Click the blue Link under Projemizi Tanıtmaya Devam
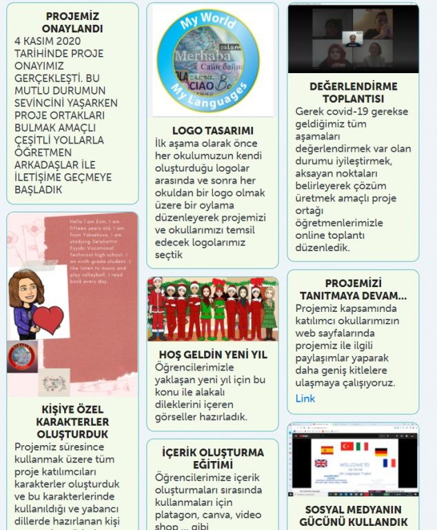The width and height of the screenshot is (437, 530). [305, 398]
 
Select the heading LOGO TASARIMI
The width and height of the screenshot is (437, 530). [212, 130]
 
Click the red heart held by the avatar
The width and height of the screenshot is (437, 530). [49, 320]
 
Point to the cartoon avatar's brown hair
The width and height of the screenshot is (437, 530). [25, 283]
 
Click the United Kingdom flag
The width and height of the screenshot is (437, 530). [321, 463]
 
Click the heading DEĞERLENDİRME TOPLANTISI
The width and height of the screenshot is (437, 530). [352, 92]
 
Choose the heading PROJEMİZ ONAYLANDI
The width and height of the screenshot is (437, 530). [72, 22]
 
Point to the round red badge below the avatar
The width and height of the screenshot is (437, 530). [22, 357]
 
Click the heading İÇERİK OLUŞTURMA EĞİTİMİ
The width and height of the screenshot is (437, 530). [212, 458]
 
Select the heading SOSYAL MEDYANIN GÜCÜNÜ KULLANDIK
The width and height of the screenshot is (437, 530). [352, 516]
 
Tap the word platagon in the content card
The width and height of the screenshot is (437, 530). [177, 514]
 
